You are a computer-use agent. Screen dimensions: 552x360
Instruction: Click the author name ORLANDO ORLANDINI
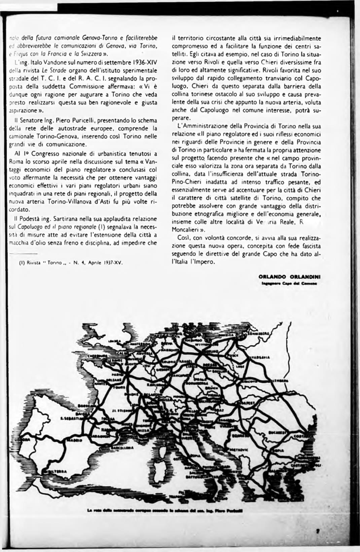[x=289, y=276]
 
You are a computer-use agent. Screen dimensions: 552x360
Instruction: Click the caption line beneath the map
[x=165, y=511]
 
